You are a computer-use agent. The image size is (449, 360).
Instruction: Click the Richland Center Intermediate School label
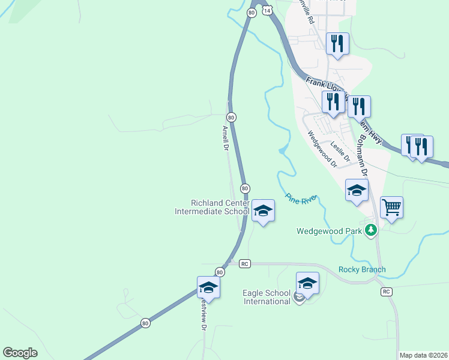pyautogui.click(x=211, y=207)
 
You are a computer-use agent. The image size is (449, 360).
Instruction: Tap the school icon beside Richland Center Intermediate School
pyautogui.click(x=263, y=211)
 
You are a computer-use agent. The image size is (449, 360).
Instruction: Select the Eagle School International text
pyautogui.click(x=267, y=297)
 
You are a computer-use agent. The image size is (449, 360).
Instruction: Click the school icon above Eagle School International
pyautogui.click(x=307, y=283)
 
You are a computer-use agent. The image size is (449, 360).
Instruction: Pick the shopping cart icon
pyautogui.click(x=391, y=208)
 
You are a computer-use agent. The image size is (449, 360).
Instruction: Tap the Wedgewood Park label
pyautogui.click(x=330, y=230)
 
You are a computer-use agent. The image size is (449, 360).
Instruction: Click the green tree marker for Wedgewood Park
pyautogui.click(x=371, y=229)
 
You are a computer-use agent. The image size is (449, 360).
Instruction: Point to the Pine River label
pyautogui.click(x=301, y=198)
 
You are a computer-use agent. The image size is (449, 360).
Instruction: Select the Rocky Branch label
pyautogui.click(x=362, y=269)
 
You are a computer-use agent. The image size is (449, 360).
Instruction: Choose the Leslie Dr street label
pyautogui.click(x=340, y=151)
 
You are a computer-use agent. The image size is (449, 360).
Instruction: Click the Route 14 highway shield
pyautogui.click(x=267, y=10)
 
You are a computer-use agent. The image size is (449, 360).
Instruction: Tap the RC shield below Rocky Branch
pyautogui.click(x=387, y=292)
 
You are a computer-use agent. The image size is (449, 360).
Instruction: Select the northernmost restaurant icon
pyautogui.click(x=337, y=44)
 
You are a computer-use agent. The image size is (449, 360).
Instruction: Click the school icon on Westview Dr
pyautogui.click(x=208, y=287)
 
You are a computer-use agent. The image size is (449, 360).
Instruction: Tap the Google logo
pyautogui.click(x=20, y=353)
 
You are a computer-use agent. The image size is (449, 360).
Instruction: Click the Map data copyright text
pyautogui.click(x=423, y=355)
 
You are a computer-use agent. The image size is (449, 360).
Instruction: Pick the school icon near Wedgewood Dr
pyautogui.click(x=357, y=191)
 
